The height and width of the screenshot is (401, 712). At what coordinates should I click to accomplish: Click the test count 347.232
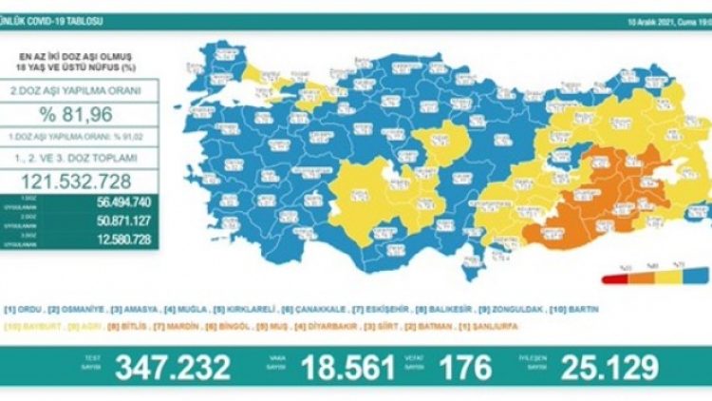pos(172,368)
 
